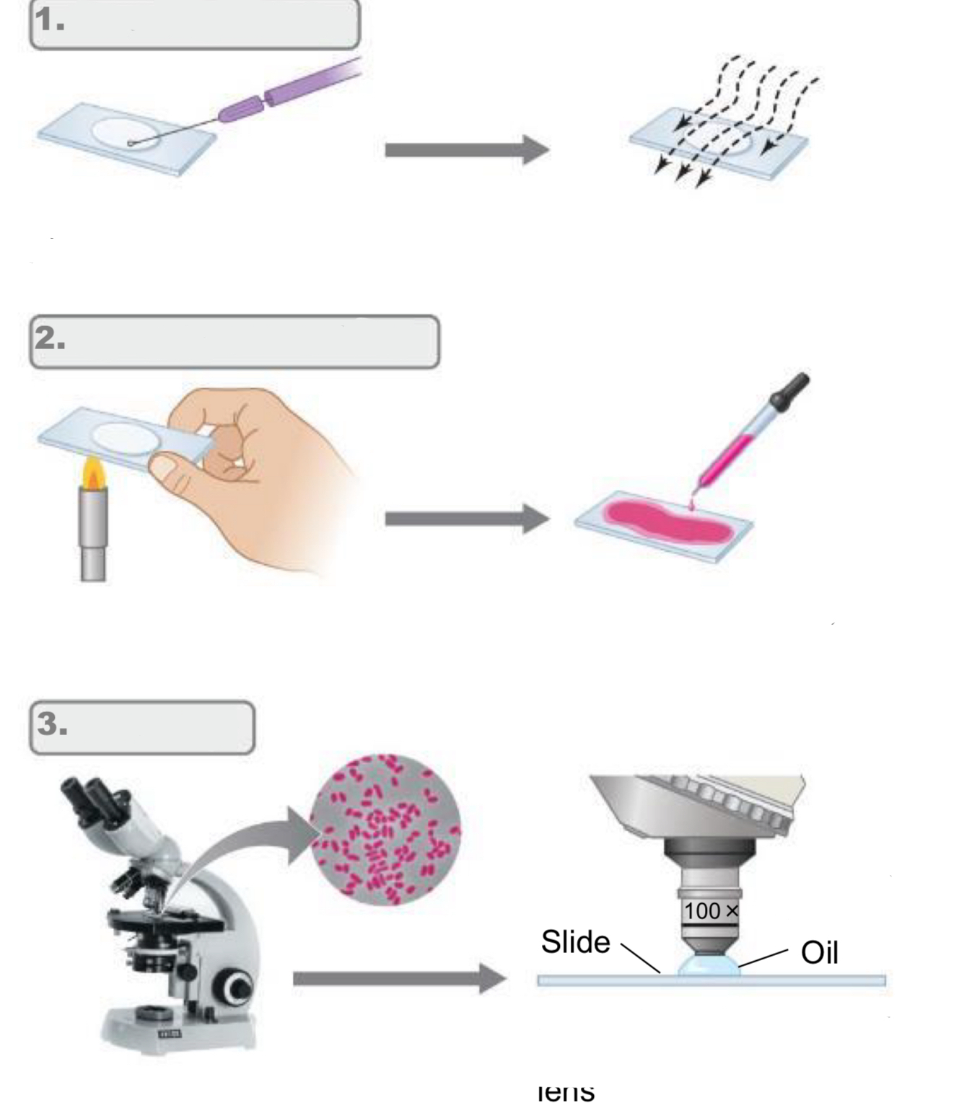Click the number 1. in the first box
(50, 20)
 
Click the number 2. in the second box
(50, 338)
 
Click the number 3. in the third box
(53, 724)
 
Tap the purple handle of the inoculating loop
(289, 92)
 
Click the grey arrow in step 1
(466, 150)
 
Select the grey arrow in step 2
(466, 519)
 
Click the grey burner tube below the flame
(93, 534)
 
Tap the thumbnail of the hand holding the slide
(162, 468)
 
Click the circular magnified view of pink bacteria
(385, 829)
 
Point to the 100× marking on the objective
(711, 911)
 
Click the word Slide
(575, 942)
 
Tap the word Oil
(819, 953)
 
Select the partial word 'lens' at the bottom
(566, 1092)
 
